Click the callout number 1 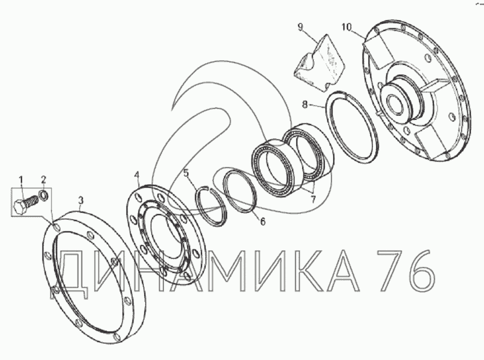pyautogui.click(x=21, y=179)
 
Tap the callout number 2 pyautogui.click(x=44, y=179)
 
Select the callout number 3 pyautogui.click(x=80, y=200)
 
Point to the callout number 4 pyautogui.click(x=136, y=175)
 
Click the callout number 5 pyautogui.click(x=186, y=173)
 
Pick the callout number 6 pyautogui.click(x=263, y=221)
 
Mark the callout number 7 pyautogui.click(x=313, y=200)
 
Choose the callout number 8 pyautogui.click(x=305, y=105)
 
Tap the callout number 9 pyautogui.click(x=300, y=27)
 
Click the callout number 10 pyautogui.click(x=347, y=27)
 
